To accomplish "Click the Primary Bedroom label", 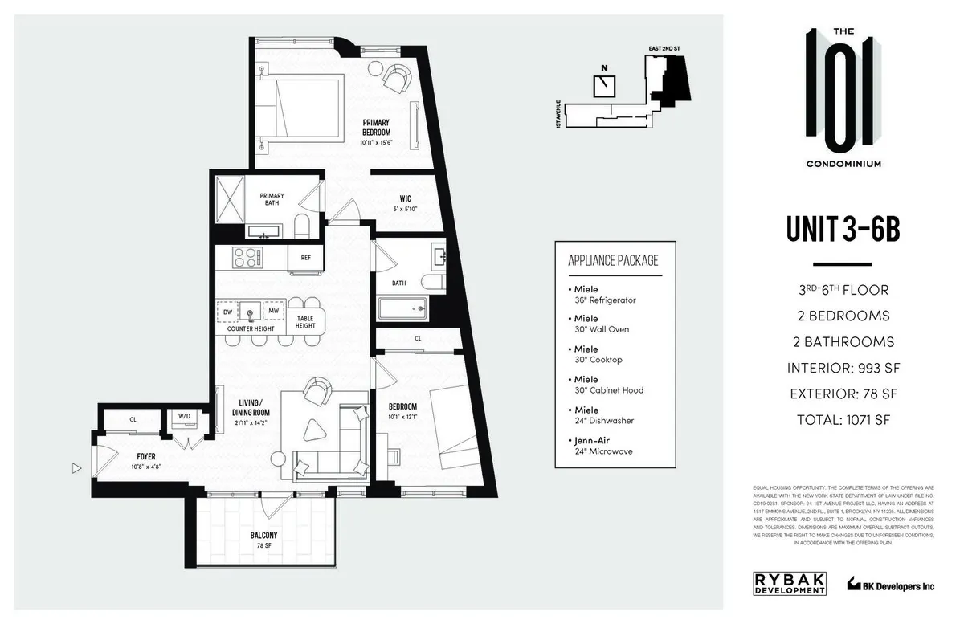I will tap(376, 127).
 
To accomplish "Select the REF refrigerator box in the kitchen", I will tap(306, 258).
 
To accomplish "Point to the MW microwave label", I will tap(273, 311).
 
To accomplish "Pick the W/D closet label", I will tap(185, 417).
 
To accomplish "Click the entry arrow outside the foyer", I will tap(77, 467).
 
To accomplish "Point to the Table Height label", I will tap(305, 322).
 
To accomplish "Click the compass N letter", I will tap(603, 68).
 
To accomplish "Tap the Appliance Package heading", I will tap(613, 260).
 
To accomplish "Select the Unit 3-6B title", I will tap(842, 230).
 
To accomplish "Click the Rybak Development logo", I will tap(789, 583).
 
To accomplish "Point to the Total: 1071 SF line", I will tap(842, 418).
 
